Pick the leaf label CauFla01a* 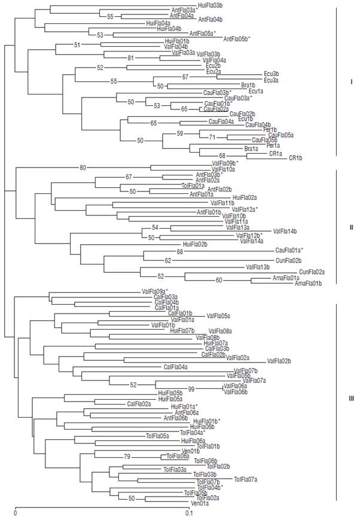[289, 250]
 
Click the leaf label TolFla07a [246, 479]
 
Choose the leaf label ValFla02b [279, 361]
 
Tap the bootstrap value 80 [83, 168]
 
